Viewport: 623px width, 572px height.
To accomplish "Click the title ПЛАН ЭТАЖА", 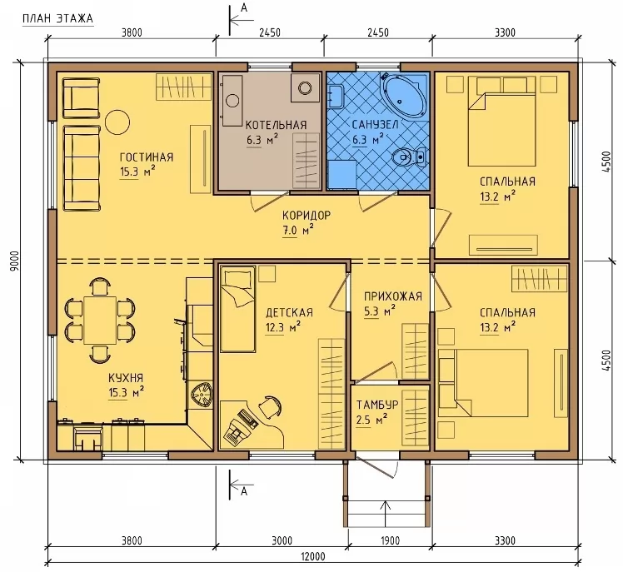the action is [x=57, y=18].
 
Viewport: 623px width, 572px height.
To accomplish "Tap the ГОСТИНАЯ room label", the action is [x=147, y=157].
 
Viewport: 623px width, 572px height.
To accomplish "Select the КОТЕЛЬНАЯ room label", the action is [x=277, y=125].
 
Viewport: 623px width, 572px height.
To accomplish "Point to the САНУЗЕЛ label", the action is [x=375, y=125].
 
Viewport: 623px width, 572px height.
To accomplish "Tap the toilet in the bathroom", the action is [x=410, y=157].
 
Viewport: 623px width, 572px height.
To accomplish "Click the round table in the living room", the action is [x=117, y=122].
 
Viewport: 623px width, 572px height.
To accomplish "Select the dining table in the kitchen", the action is [x=100, y=321].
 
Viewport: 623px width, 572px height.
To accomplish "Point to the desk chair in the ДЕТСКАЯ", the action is [x=271, y=406].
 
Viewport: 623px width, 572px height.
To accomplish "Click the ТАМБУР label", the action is [x=377, y=405].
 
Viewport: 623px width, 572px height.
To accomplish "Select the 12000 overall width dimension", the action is [x=312, y=556].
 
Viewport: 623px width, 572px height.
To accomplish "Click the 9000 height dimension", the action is [x=15, y=261].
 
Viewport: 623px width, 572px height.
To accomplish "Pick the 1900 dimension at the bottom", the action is [x=390, y=540].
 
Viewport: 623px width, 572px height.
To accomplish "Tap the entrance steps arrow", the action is [x=385, y=514].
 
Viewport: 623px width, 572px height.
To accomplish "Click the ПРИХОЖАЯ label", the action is [x=393, y=296].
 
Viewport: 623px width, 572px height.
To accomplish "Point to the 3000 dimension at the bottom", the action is [x=282, y=540].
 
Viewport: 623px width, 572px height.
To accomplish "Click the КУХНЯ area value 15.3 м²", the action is [x=126, y=392].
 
